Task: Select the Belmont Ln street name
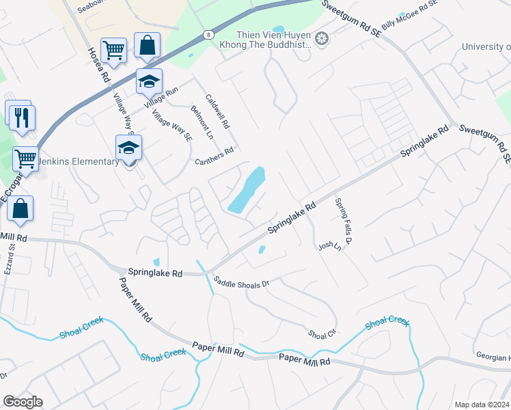click(x=202, y=124)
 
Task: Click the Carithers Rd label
click(x=215, y=156)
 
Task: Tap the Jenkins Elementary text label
click(x=79, y=162)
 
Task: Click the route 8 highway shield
click(x=208, y=33)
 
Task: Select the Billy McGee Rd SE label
click(x=409, y=15)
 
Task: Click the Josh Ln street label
click(x=329, y=245)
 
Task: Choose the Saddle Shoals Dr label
click(x=242, y=281)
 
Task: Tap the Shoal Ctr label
click(x=323, y=333)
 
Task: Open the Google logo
click(x=23, y=401)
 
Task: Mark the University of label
click(x=486, y=46)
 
